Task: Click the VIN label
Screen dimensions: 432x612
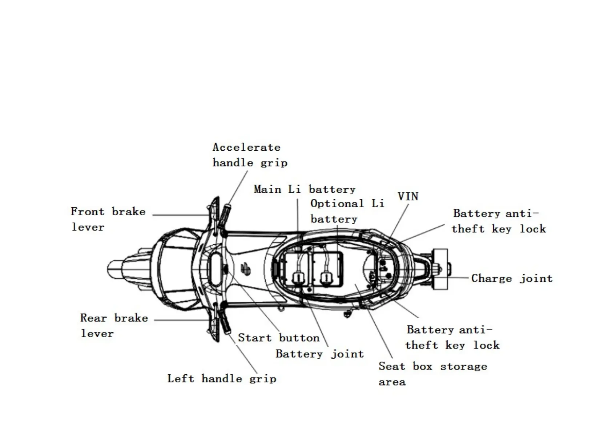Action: tap(408, 196)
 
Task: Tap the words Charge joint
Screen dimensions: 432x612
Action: tap(511, 278)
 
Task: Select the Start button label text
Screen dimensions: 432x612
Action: tap(278, 338)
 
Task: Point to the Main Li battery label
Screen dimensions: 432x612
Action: tap(304, 189)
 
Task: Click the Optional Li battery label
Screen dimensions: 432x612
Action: tap(347, 211)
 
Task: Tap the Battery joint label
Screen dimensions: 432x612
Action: tap(319, 354)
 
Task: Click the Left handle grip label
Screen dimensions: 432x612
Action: tap(221, 379)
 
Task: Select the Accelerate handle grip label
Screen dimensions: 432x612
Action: tap(250, 155)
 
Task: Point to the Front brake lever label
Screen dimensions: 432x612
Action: tap(108, 219)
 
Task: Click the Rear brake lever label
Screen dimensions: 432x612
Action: tap(114, 325)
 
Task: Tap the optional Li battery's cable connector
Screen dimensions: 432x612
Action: tap(325, 278)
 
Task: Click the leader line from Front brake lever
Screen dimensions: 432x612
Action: tap(180, 215)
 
